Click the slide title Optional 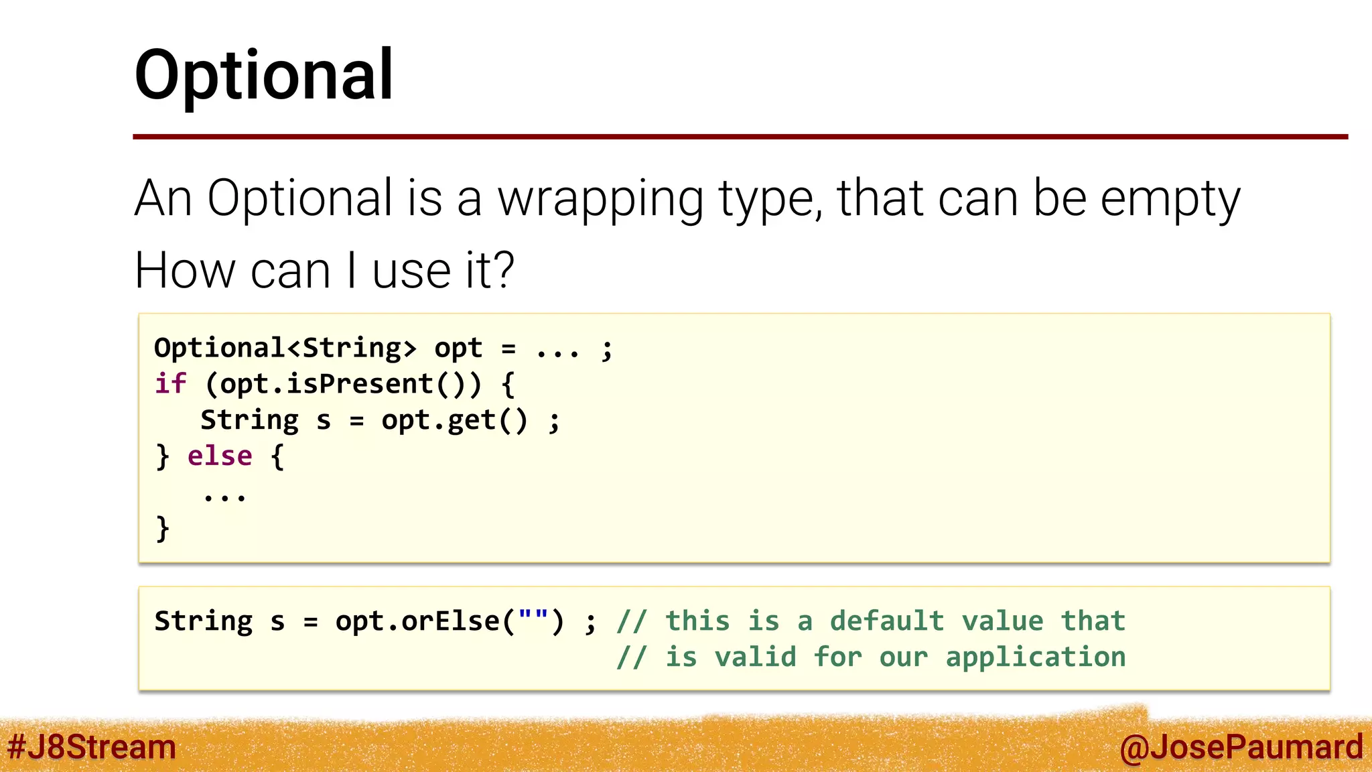(x=264, y=75)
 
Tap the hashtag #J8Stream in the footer (x=92, y=747)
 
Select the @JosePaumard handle (x=1241, y=747)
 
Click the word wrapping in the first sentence (x=600, y=199)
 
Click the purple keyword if (x=170, y=384)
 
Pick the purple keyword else (x=220, y=456)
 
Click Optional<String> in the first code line (x=285, y=348)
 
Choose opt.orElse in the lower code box (x=417, y=621)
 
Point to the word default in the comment (x=886, y=621)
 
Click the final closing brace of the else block (x=162, y=529)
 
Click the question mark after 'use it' (x=503, y=270)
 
